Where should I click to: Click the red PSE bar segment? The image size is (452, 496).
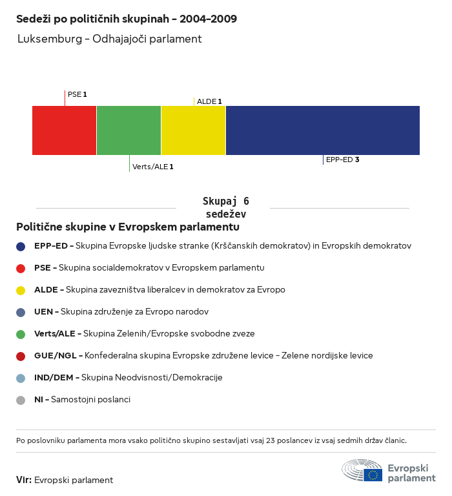65,130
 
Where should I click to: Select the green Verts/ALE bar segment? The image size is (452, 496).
129,130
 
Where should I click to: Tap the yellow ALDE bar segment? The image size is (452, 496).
194,130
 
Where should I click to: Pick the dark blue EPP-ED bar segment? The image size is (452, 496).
323,130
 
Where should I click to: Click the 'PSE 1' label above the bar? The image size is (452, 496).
77,94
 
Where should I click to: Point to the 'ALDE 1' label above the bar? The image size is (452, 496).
209,101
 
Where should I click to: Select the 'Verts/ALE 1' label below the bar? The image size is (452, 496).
152,167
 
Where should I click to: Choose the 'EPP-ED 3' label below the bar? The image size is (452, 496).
342,160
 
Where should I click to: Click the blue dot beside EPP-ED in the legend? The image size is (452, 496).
21,246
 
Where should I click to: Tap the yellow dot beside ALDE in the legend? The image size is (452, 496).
21,290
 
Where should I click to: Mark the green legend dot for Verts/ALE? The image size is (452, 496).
21,334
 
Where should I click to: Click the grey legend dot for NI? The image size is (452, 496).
21,400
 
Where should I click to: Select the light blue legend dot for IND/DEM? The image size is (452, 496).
21,378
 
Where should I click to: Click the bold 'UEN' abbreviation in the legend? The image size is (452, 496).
44,312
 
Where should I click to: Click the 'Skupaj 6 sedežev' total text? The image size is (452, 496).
225,207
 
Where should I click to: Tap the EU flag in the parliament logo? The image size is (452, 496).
373,475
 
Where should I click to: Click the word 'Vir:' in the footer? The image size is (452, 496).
24,480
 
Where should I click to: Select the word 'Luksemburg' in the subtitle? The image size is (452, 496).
48,39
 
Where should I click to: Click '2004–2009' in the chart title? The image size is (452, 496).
209,19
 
